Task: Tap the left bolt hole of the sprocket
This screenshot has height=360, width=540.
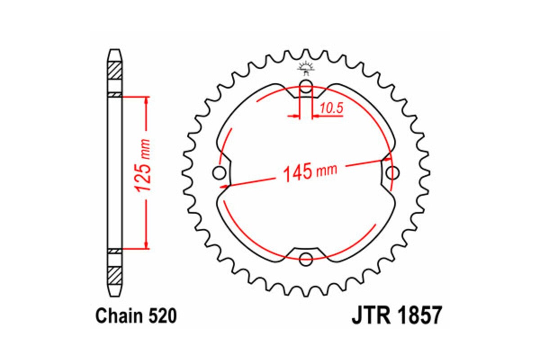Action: point(220,172)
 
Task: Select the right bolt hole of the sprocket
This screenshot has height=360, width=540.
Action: point(392,172)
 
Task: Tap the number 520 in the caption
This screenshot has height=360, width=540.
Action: point(161,317)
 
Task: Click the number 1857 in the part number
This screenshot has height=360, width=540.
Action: point(418,317)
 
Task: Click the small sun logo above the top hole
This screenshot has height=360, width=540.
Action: point(306,68)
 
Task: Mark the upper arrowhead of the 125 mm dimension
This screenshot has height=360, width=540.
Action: point(146,100)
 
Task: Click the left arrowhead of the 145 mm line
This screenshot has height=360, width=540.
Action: point(223,184)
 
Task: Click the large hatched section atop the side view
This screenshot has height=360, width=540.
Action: point(115,71)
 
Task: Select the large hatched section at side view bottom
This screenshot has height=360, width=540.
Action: point(115,274)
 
